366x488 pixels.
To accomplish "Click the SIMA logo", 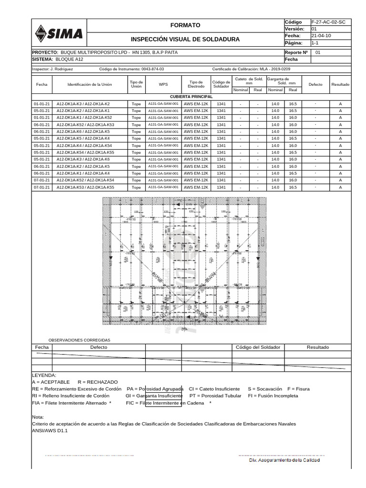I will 59,33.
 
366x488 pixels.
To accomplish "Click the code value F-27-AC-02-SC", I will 328,22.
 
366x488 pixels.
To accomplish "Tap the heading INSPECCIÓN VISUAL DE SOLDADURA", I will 185,39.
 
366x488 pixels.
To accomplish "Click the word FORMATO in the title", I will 185,25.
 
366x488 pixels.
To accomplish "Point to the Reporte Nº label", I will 296,52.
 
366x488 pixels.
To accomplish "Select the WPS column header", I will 163,84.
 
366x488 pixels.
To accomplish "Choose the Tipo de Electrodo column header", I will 196,84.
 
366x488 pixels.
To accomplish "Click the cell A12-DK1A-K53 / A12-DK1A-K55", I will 85,187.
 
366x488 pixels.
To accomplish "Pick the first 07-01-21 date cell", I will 41,180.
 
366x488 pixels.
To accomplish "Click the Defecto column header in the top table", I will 315,84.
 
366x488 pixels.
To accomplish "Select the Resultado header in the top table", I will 340,84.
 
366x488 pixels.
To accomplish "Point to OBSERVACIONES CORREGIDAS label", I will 79,340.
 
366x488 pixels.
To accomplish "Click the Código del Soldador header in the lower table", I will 258,347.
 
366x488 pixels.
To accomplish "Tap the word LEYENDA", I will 44,376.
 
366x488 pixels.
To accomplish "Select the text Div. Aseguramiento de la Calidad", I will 285,460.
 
